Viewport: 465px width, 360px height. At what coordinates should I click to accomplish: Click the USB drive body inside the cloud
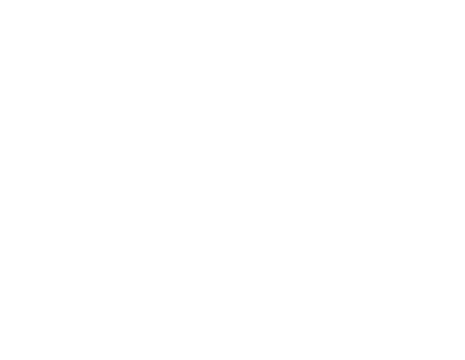pyautogui.click(x=207, y=317)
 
